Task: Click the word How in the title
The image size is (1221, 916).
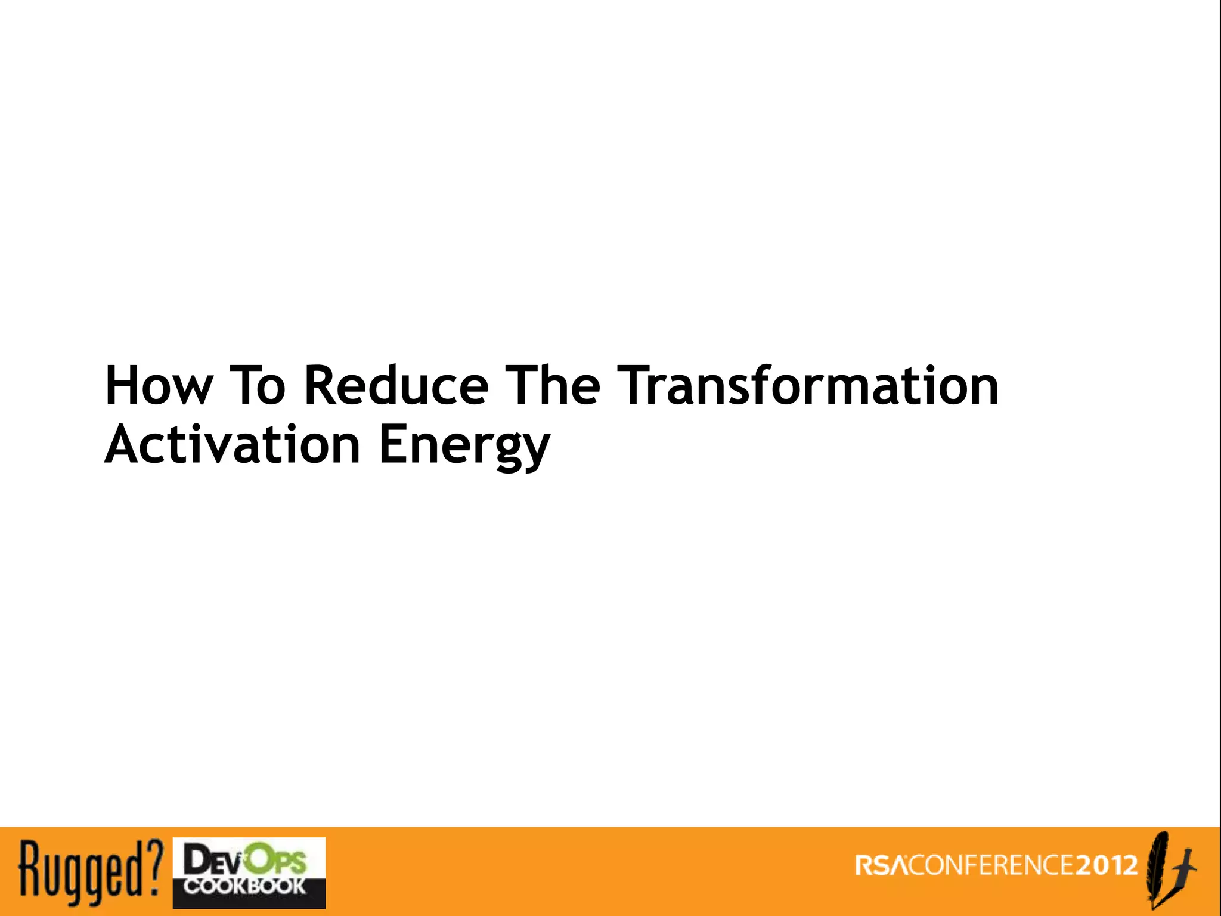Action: click(x=158, y=386)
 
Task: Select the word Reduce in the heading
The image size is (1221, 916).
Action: click(x=396, y=386)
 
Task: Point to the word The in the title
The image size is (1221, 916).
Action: click(x=552, y=386)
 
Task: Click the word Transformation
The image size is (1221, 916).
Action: click(x=808, y=386)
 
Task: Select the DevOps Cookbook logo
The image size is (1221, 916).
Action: click(x=249, y=873)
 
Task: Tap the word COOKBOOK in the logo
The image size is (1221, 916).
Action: click(x=244, y=886)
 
